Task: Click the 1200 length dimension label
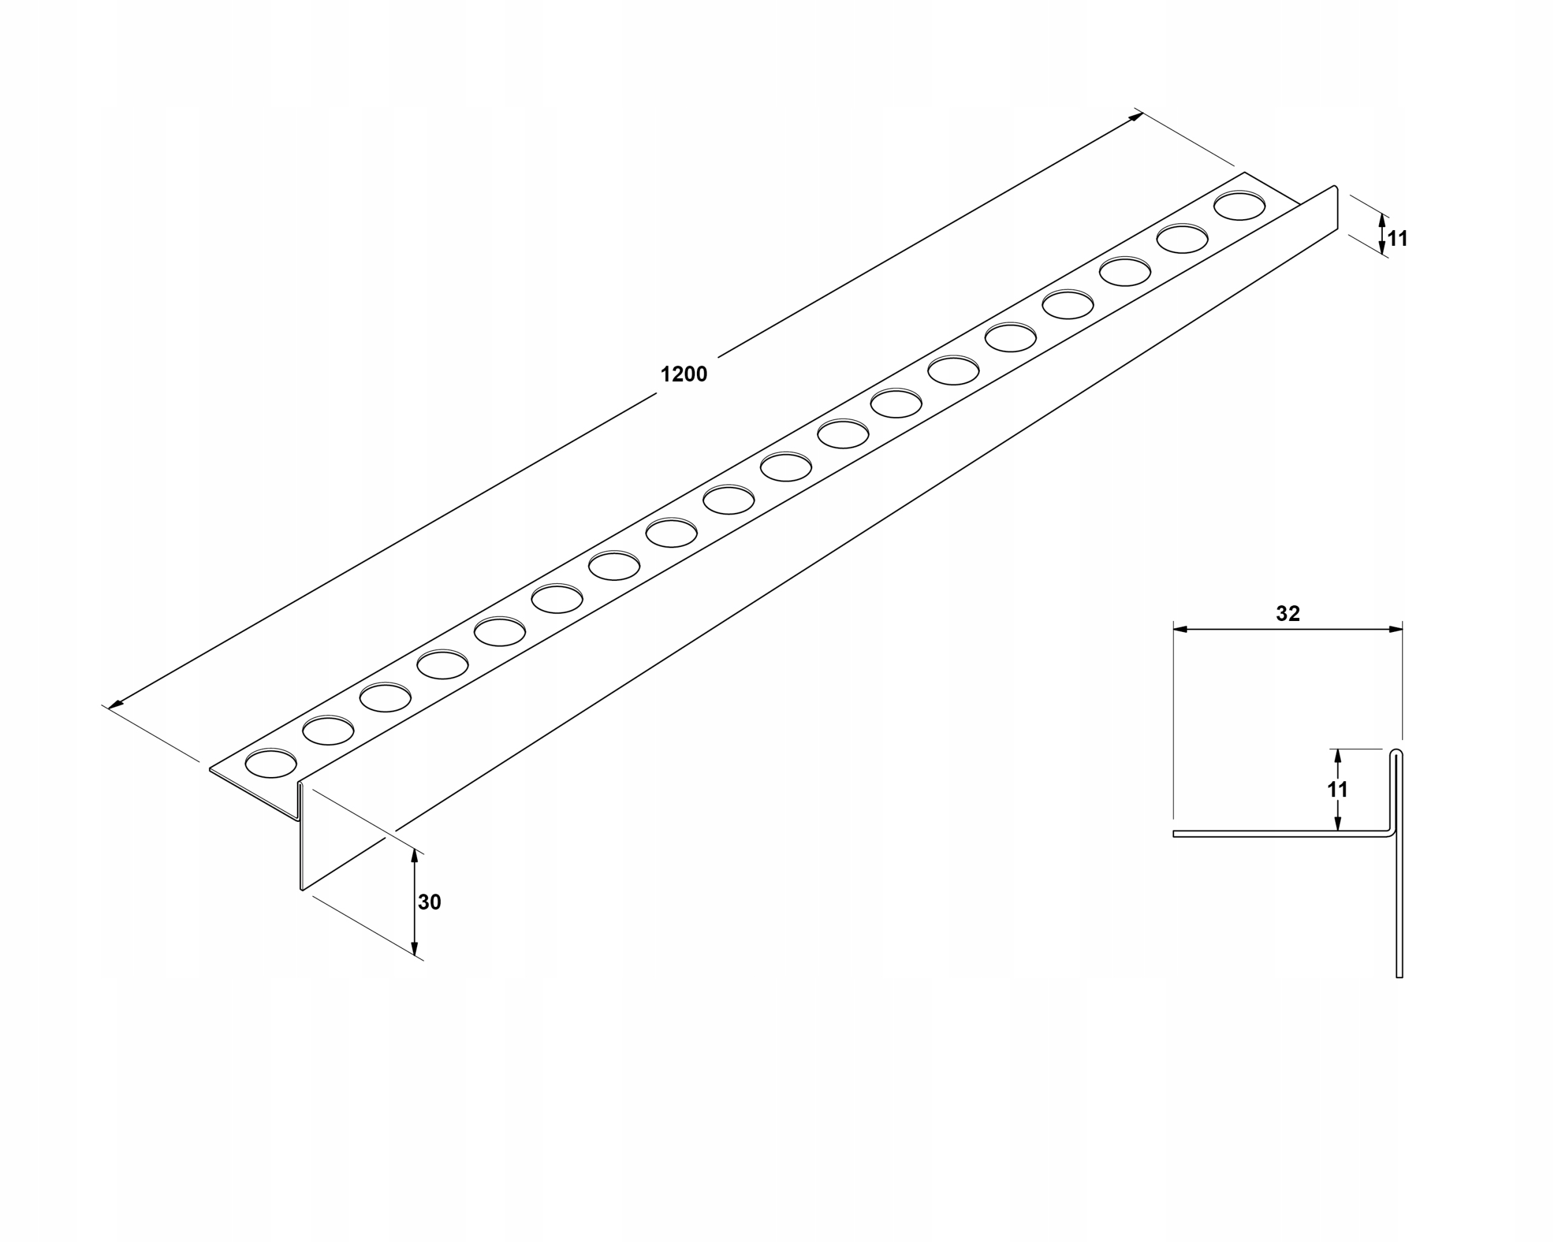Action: pos(684,374)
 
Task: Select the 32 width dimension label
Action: pos(1288,614)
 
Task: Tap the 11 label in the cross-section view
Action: pos(1337,789)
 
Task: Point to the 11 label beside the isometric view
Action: pos(1397,239)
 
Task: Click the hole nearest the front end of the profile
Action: pos(271,764)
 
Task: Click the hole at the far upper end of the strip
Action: pos(1239,206)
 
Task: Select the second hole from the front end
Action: pos(328,731)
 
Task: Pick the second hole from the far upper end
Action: pos(1182,239)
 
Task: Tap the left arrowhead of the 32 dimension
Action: pos(1180,629)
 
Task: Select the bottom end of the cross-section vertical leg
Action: pos(1399,976)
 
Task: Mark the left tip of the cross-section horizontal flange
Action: pos(1175,834)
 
